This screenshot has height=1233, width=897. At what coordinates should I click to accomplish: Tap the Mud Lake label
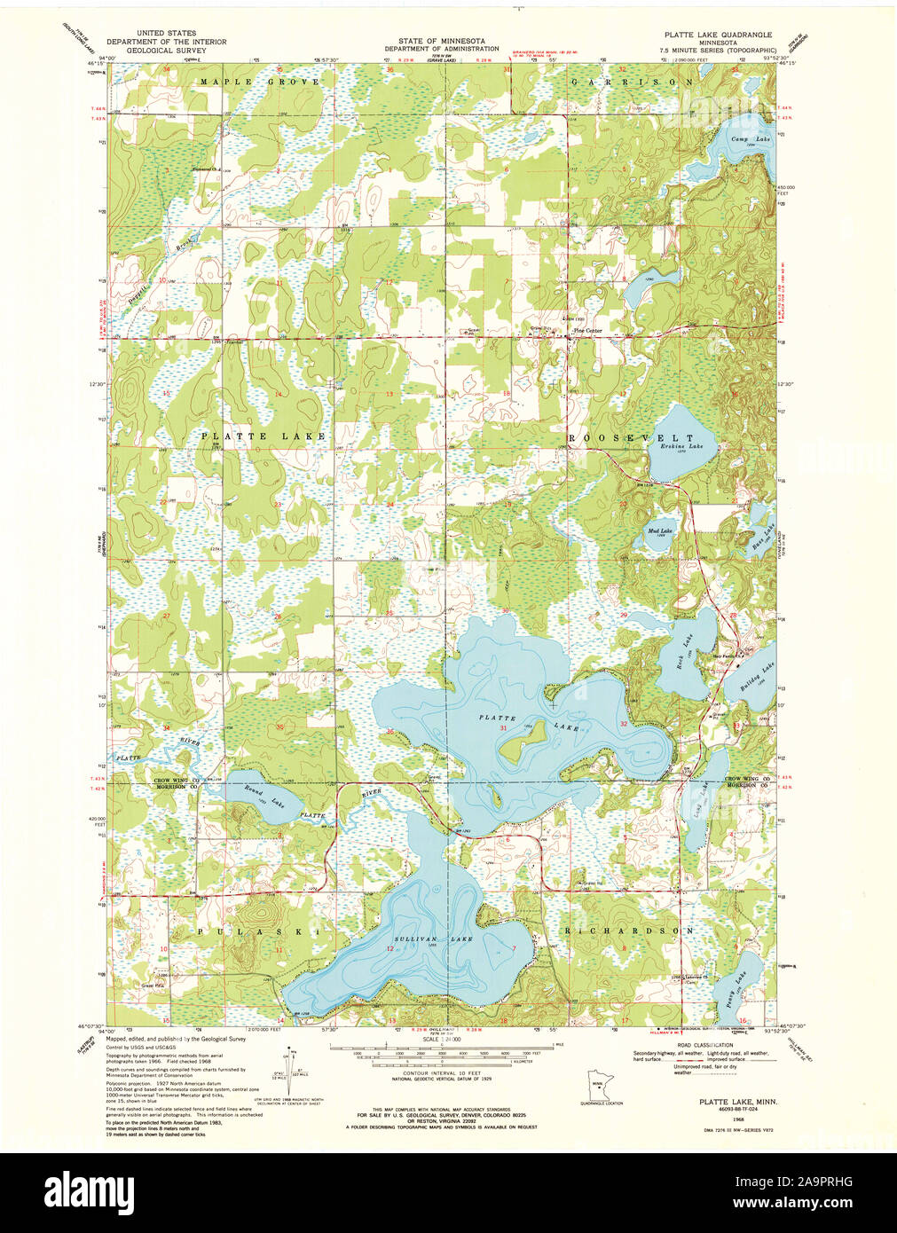click(661, 531)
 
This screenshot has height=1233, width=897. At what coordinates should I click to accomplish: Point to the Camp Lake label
click(751, 140)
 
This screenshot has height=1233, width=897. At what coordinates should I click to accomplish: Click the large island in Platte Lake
click(523, 742)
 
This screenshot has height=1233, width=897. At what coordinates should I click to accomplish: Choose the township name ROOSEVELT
click(631, 438)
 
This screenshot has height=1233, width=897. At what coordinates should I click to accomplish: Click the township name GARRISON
click(631, 82)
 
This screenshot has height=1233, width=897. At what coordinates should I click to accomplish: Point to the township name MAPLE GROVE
click(259, 82)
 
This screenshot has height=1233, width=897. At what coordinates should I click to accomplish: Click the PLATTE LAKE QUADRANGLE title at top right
click(719, 34)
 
